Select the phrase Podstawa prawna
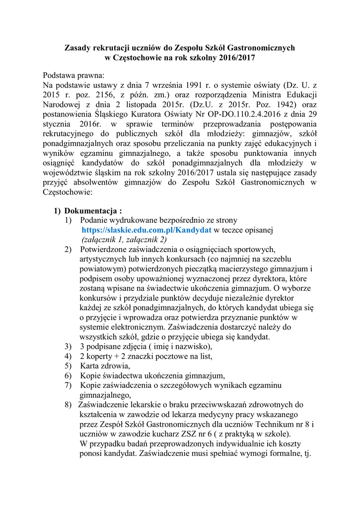coord(73,76)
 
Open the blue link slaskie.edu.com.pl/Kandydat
coord(147,230)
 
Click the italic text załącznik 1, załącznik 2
coord(124,239)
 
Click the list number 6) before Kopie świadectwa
coord(68,376)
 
